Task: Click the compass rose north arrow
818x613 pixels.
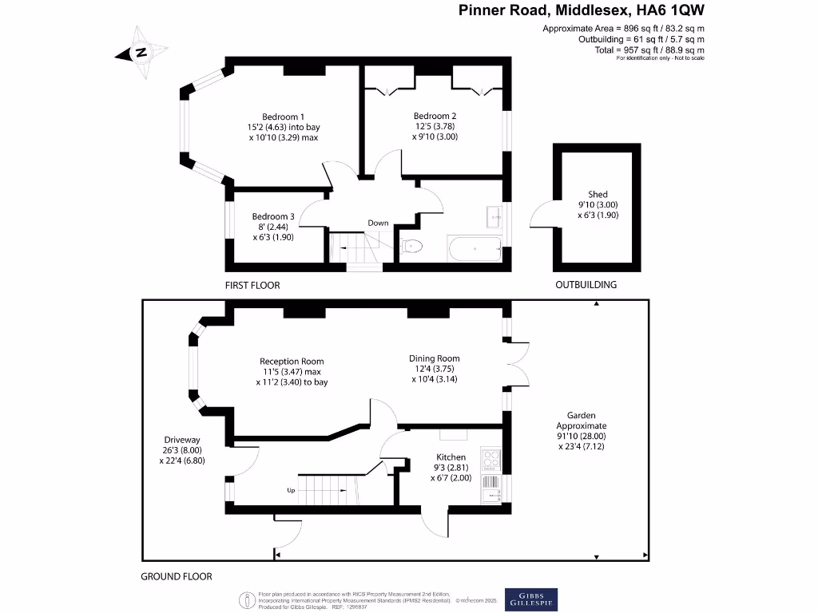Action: click(x=141, y=53)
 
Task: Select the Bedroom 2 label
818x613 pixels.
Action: click(x=435, y=116)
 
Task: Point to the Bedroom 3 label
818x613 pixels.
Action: click(x=273, y=216)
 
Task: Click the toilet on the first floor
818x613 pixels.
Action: click(x=411, y=246)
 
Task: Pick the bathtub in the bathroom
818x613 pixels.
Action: click(x=475, y=250)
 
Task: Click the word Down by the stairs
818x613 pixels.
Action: click(x=378, y=223)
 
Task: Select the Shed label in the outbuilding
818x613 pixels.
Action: click(x=598, y=194)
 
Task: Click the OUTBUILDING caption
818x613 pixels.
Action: click(x=586, y=285)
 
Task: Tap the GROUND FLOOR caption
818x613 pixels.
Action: click(x=177, y=576)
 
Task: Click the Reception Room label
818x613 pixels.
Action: click(x=292, y=361)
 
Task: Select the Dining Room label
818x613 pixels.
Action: click(x=435, y=358)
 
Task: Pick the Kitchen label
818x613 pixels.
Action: click(x=451, y=457)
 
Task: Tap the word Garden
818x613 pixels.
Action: click(x=581, y=415)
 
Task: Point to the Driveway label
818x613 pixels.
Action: click(x=182, y=440)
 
